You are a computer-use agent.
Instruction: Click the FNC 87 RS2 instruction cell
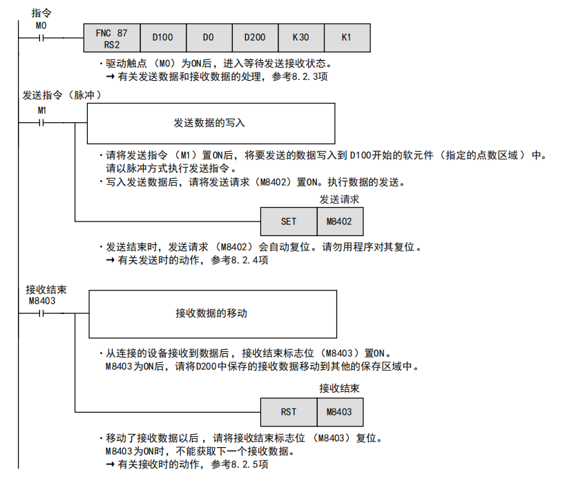[111, 38]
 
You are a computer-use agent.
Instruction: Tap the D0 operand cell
[209, 38]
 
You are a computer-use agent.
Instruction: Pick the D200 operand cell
[255, 38]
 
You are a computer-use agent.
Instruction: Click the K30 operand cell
[300, 38]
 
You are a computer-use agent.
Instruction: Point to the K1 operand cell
[346, 38]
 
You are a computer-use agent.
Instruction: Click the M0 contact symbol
[41, 38]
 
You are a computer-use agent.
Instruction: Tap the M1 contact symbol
[41, 123]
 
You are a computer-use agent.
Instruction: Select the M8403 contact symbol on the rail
[42, 313]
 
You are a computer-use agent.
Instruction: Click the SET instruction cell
[289, 221]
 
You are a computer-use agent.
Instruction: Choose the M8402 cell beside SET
[340, 221]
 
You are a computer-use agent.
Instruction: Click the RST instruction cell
[289, 412]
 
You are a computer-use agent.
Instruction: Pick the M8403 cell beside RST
[340, 412]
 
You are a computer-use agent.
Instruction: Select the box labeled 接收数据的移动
[212, 313]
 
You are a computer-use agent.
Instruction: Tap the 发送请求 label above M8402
[339, 199]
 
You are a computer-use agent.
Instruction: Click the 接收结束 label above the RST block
[339, 389]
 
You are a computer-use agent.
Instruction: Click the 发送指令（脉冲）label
[62, 95]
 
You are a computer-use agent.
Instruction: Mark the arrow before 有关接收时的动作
[109, 464]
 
